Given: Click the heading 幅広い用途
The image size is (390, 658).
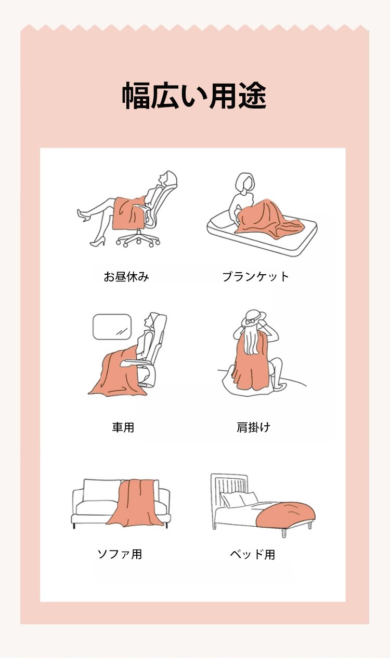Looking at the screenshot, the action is pos(194,96).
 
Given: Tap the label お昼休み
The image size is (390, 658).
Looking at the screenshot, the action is pos(126,277).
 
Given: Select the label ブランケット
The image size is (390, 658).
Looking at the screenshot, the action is pos(256,277).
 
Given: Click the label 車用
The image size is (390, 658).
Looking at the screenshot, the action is pos(123,427).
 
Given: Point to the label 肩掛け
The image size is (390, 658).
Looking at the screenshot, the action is pos(253,427).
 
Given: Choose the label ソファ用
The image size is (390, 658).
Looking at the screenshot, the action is pos(120,554).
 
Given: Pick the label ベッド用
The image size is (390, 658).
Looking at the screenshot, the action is pos(252,555).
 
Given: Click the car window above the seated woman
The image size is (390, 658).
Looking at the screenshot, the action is pos(112,327).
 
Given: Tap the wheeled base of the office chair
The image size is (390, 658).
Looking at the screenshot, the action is pos(138,239).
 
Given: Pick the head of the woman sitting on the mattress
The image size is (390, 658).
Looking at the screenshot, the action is pos(245,182).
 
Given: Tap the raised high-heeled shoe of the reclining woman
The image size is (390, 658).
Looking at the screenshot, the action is pos(83,214).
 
